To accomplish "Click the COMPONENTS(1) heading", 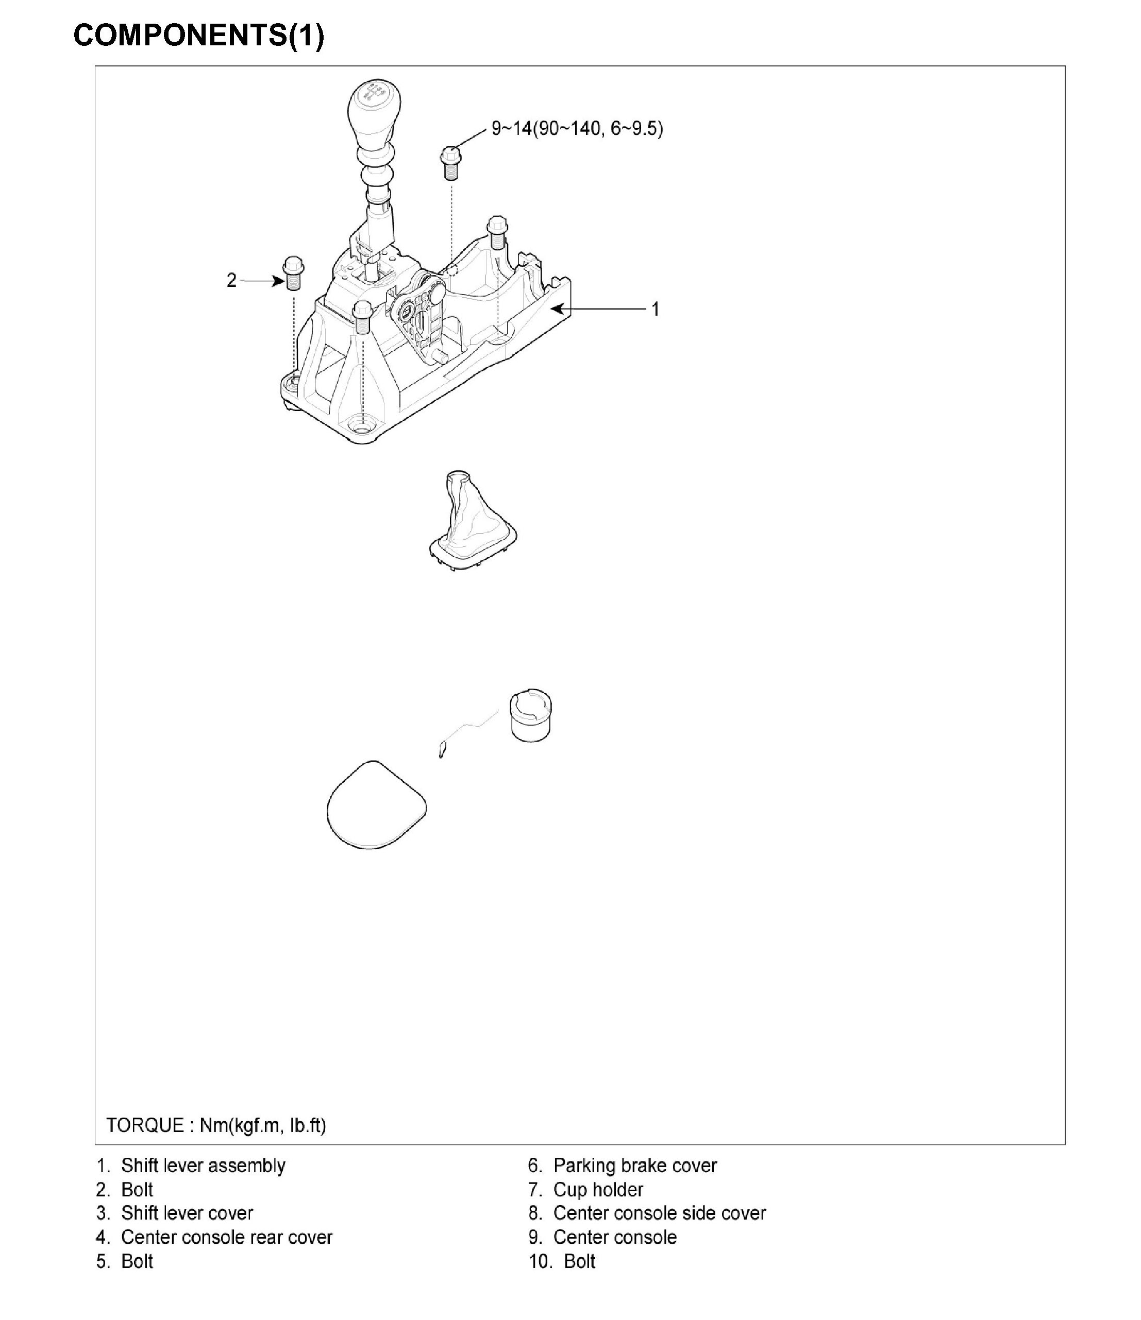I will [x=198, y=35].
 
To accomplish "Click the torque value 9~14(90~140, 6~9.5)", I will [x=576, y=129].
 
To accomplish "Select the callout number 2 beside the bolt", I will [x=231, y=280].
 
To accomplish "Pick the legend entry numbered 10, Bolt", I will [x=562, y=1261].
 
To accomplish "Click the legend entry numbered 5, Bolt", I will [x=125, y=1261].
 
